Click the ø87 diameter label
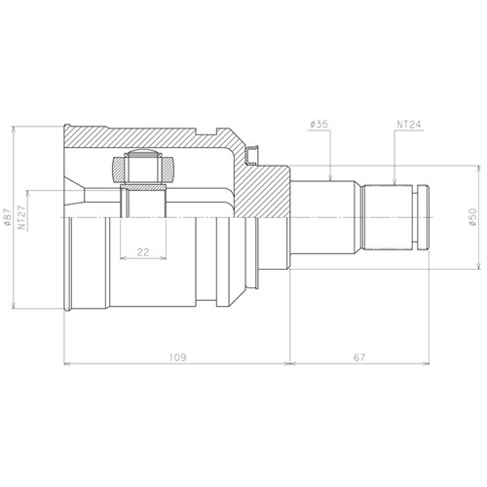(x=8, y=217)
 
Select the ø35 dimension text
(x=318, y=125)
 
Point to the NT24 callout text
(x=409, y=125)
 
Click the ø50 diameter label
(x=472, y=217)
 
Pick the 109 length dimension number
(x=178, y=357)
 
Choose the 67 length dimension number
(x=359, y=357)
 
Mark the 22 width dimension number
(x=143, y=252)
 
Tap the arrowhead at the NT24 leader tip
(x=394, y=181)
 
